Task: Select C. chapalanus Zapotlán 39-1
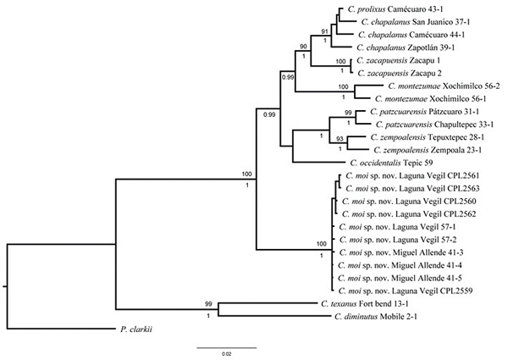click(x=403, y=47)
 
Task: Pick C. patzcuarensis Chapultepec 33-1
click(x=422, y=124)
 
